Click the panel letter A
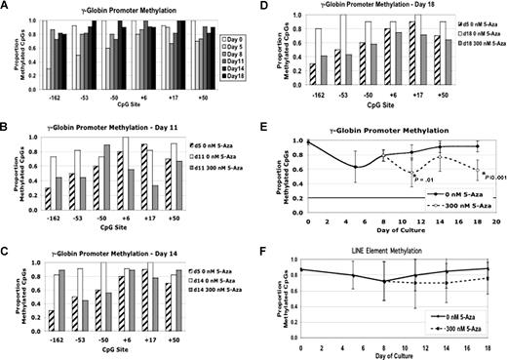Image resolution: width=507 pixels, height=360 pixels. (8, 7)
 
